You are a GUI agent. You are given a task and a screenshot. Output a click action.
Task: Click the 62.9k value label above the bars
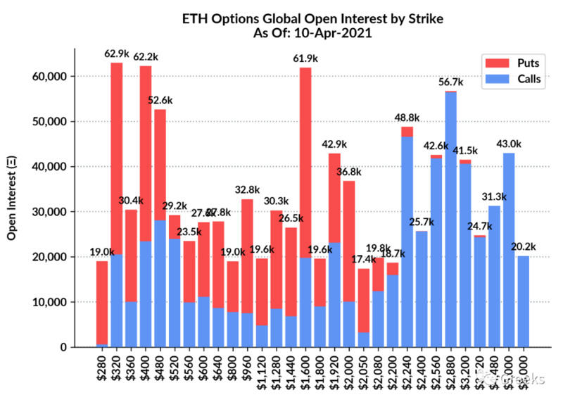click(x=116, y=53)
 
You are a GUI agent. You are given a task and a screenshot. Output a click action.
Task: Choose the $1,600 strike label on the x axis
click(x=305, y=373)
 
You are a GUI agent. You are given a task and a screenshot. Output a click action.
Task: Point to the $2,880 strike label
click(x=450, y=373)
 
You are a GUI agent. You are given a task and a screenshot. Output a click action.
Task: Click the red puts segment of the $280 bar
click(x=103, y=303)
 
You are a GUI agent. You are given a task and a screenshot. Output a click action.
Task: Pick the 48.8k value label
click(x=407, y=116)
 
